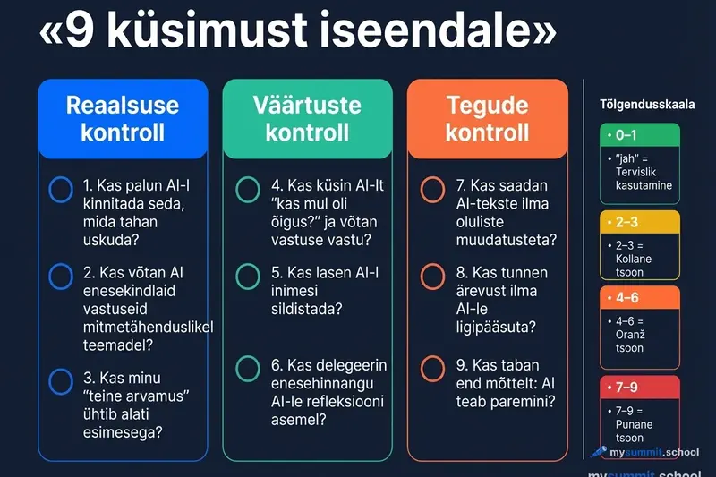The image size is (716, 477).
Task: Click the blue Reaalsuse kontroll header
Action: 123,118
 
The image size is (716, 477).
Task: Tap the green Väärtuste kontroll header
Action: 307,118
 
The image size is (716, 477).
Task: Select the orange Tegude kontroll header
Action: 488,118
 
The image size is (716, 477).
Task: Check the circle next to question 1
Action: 61,189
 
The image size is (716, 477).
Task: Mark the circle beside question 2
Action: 61,277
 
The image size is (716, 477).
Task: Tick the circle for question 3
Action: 61,381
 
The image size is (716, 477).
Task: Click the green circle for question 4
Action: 248,189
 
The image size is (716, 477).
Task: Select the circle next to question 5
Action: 248,277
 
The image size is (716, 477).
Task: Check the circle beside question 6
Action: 248,368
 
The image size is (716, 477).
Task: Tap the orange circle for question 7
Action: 432,189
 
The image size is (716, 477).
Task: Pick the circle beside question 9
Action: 432,368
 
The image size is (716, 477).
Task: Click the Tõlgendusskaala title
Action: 647,105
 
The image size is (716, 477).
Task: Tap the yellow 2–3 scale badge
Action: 640,221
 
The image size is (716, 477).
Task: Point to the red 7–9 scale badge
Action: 640,387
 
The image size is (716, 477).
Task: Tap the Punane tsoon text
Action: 634,431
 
